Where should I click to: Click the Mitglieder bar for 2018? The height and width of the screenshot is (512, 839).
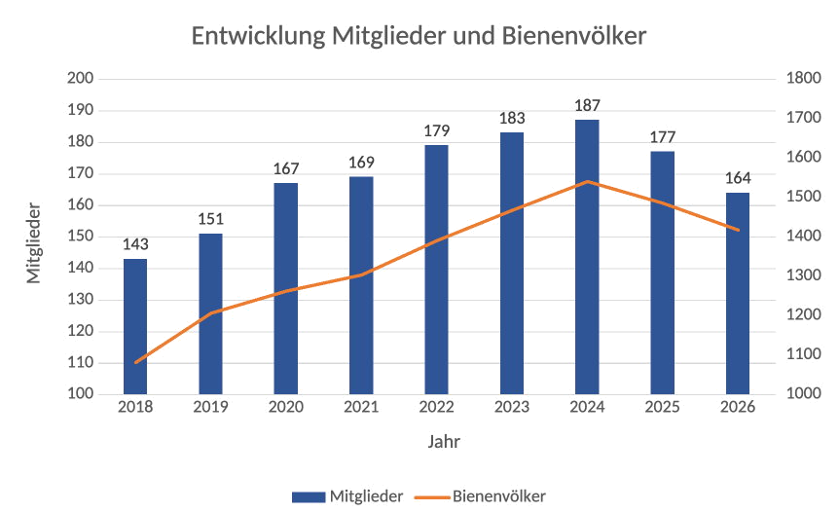pyautogui.click(x=135, y=326)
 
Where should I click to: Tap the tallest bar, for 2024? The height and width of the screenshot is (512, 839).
pyautogui.click(x=587, y=257)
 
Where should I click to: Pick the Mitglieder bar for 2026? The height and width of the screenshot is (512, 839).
pyautogui.click(x=738, y=293)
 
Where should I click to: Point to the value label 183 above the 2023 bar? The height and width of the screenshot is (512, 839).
pyautogui.click(x=512, y=118)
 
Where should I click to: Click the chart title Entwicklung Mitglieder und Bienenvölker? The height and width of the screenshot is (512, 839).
pyautogui.click(x=419, y=37)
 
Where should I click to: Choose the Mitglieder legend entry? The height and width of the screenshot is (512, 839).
pyautogui.click(x=351, y=496)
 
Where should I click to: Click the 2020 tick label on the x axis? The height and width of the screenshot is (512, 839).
pyautogui.click(x=285, y=407)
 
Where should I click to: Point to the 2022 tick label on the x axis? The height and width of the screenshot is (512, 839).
pyautogui.click(x=436, y=407)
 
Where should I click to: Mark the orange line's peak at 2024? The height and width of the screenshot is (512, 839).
pyautogui.click(x=587, y=182)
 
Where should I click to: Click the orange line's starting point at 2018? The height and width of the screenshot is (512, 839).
pyautogui.click(x=135, y=363)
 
